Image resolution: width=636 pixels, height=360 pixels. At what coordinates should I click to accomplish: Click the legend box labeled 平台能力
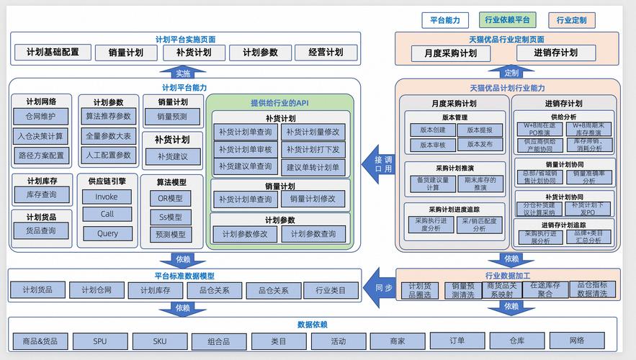[445, 20]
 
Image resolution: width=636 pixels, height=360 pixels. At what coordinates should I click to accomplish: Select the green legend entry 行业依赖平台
[507, 20]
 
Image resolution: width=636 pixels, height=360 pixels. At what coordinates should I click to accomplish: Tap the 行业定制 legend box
[571, 20]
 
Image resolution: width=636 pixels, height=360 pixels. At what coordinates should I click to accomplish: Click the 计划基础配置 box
[53, 53]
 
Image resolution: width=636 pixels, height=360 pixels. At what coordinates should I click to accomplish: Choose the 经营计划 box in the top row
[326, 53]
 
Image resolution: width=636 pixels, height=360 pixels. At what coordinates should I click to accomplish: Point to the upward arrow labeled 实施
[183, 73]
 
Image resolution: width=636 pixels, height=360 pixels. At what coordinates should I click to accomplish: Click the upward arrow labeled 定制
[511, 73]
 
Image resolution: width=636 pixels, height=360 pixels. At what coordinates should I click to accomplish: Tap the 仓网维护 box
[41, 117]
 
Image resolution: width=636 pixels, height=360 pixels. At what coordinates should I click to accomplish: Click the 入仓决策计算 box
[41, 135]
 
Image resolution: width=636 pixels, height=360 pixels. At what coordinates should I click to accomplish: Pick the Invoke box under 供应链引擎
[107, 197]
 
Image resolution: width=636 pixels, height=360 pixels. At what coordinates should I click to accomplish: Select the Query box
[107, 233]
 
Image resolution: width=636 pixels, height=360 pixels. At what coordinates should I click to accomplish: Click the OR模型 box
[171, 198]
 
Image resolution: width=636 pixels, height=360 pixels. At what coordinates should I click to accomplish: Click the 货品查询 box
[41, 230]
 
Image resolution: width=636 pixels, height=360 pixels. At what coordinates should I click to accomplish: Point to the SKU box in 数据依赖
[159, 341]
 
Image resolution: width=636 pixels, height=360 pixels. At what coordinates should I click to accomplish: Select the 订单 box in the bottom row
[457, 341]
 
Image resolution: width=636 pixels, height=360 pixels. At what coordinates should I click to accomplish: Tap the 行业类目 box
[331, 290]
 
